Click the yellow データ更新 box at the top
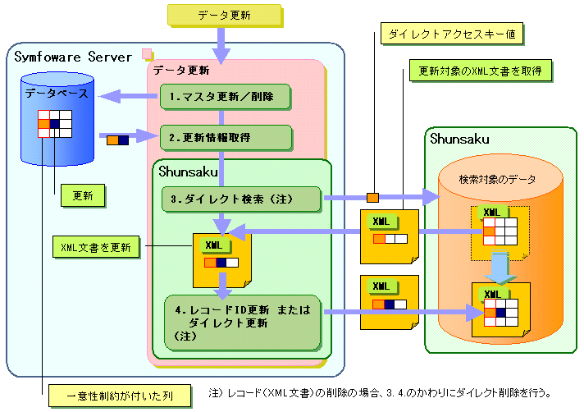[x=225, y=16]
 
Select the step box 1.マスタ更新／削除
[x=225, y=97]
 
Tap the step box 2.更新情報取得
[x=225, y=137]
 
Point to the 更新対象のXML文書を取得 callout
[x=481, y=71]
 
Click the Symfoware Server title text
[x=73, y=57]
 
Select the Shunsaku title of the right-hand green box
[x=459, y=140]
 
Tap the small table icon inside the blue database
[x=54, y=124]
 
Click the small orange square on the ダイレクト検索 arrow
[x=372, y=197]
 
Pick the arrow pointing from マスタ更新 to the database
[x=126, y=97]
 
